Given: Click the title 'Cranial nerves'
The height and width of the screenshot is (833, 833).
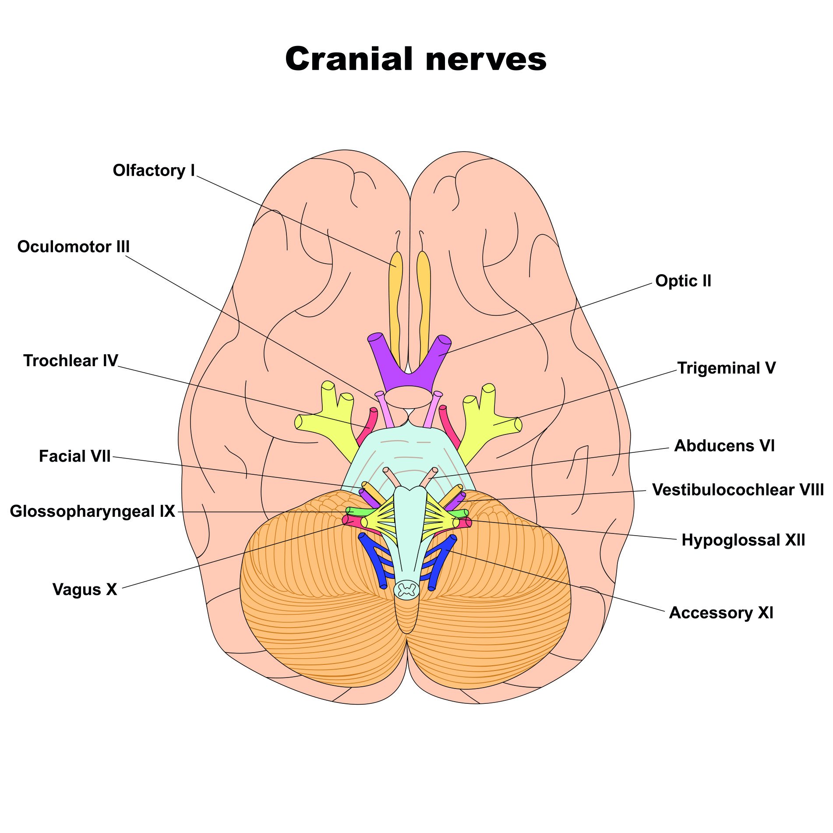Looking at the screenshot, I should (x=416, y=59).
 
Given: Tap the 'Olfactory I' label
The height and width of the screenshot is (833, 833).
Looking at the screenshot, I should (x=154, y=170).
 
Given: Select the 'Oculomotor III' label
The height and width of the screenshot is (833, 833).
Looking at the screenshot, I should (x=74, y=247).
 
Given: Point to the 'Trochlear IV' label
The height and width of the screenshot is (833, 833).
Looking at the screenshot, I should (x=71, y=360).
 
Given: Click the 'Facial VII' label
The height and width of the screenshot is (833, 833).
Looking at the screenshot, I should (x=75, y=456).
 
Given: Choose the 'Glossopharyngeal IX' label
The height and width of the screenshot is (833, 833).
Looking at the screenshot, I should (x=92, y=511).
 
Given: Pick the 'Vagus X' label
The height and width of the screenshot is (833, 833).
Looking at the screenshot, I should (x=85, y=589).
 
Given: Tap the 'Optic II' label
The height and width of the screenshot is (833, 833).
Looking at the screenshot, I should (x=683, y=281).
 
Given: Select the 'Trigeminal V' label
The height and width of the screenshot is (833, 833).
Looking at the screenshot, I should (x=726, y=368).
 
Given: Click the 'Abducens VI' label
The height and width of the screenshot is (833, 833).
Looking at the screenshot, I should (x=724, y=445).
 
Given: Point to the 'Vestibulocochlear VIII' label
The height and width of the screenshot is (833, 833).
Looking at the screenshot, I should (x=738, y=490).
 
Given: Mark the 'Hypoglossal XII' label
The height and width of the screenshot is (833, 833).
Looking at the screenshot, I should (x=743, y=540).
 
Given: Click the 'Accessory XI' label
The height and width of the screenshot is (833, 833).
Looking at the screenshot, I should (x=721, y=612).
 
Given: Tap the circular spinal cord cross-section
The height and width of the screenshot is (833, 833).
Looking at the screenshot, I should (x=407, y=589).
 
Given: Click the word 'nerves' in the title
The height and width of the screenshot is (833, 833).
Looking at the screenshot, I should (x=486, y=59).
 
